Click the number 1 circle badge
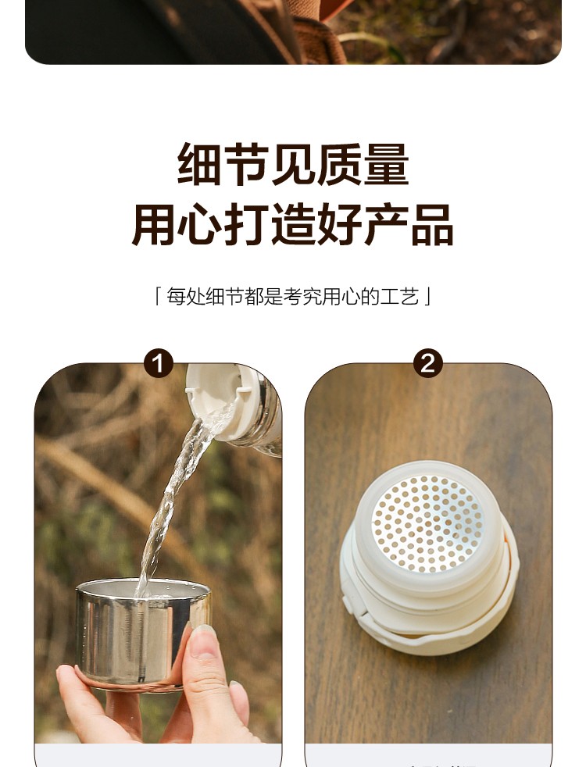[x=159, y=363]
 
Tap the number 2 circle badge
[x=428, y=363]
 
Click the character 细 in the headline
[x=198, y=164]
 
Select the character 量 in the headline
[x=386, y=164]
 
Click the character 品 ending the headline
[x=432, y=225]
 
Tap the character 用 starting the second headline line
[x=152, y=225]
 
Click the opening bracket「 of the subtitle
[x=158, y=297]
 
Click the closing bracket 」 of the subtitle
[x=427, y=297]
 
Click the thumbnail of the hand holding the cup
[x=158, y=553]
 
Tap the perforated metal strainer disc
[x=427, y=523]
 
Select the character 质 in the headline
[x=339, y=164]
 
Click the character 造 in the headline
[x=292, y=225]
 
